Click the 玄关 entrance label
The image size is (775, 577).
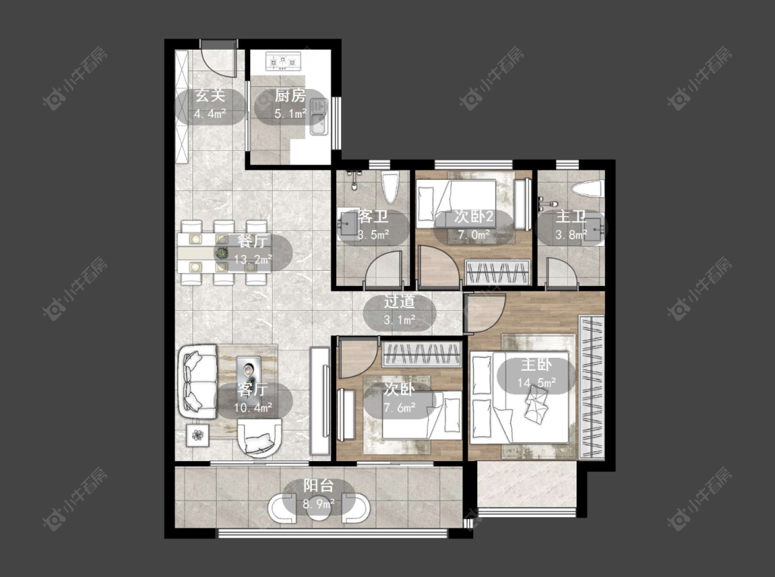(210, 94)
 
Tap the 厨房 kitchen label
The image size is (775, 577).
(290, 95)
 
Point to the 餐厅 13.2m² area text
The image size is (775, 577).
(253, 260)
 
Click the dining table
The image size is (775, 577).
(224, 253)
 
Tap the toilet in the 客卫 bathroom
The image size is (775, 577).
(391, 188)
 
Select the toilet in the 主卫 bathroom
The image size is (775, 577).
(587, 189)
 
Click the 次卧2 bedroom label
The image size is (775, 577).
(473, 216)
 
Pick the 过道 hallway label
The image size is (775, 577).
(400, 302)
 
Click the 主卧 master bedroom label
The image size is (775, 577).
(536, 365)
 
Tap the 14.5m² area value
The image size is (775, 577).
(536, 383)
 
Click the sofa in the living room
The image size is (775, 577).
(198, 381)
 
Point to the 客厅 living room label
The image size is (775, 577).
(253, 389)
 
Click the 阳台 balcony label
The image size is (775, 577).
(319, 485)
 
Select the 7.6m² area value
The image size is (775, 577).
(400, 407)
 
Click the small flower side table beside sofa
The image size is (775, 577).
(198, 435)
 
